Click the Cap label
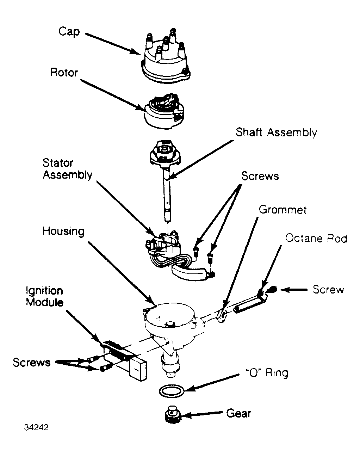click(x=69, y=32)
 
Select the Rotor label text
click(x=64, y=73)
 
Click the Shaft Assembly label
click(x=276, y=132)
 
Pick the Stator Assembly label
click(x=68, y=169)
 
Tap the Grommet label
click(x=283, y=210)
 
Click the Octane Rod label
click(x=316, y=239)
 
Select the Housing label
click(x=63, y=231)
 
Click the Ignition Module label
click(x=44, y=296)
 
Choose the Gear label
click(x=238, y=413)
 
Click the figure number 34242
click(x=36, y=427)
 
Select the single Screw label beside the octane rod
click(x=328, y=289)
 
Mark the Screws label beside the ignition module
click(x=32, y=362)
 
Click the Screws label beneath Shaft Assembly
click(x=260, y=176)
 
